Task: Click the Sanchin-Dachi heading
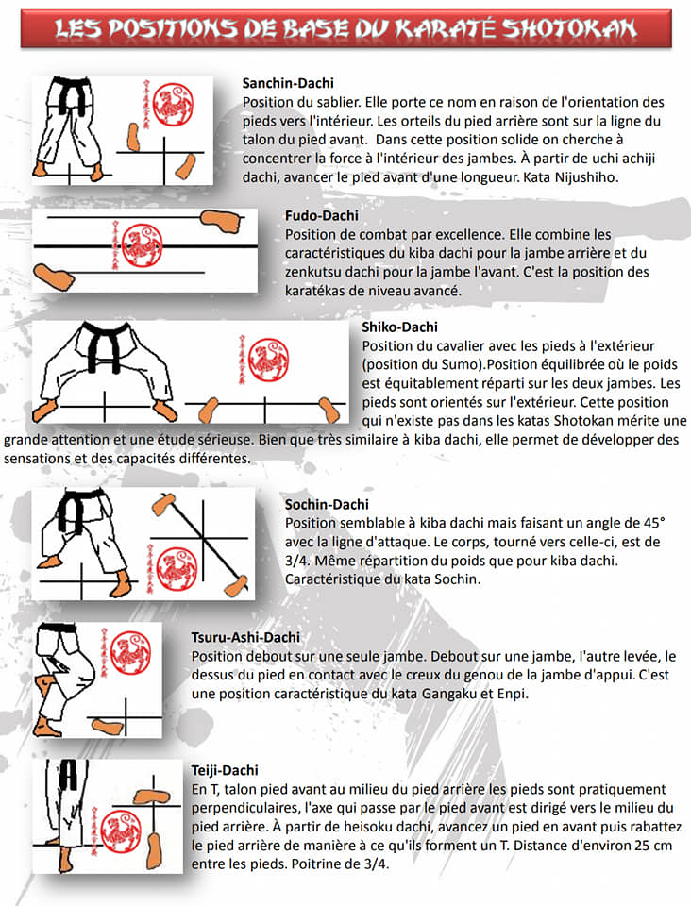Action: [x=288, y=83]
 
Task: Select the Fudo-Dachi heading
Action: [x=321, y=215]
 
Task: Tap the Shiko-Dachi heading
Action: [x=400, y=327]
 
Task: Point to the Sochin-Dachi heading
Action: [x=327, y=504]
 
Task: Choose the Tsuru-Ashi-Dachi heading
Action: [x=245, y=637]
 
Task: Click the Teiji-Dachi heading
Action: [x=225, y=770]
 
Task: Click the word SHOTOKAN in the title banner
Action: [x=569, y=28]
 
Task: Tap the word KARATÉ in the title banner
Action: [x=446, y=28]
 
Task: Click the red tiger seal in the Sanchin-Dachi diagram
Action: [x=174, y=105]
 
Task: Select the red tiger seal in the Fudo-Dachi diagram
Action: [x=143, y=245]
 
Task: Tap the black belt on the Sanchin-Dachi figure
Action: [x=74, y=94]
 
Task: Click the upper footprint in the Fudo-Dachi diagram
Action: [x=222, y=221]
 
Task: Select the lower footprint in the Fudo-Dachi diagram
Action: [x=55, y=277]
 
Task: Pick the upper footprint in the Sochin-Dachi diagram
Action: [x=163, y=504]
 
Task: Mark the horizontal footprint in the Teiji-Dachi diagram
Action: [x=153, y=797]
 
